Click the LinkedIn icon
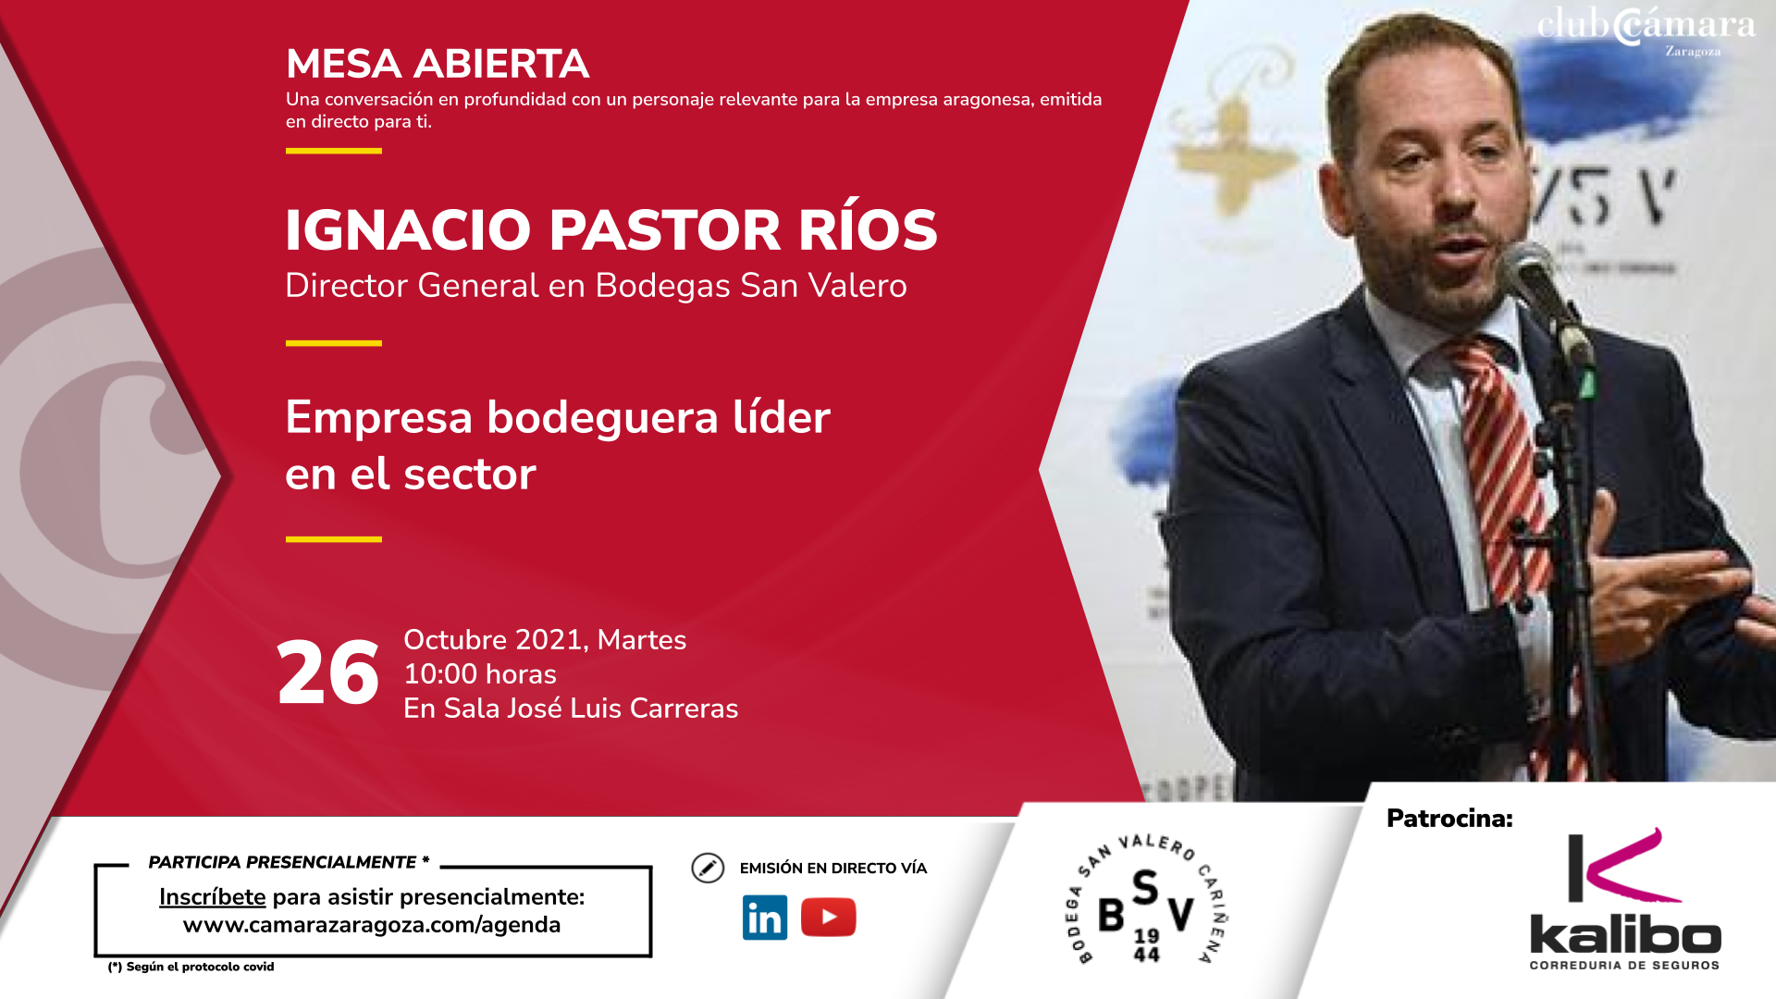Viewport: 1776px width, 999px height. point(765,918)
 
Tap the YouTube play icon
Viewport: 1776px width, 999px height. point(828,917)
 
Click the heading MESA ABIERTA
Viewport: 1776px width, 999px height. point(438,64)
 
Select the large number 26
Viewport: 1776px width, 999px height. point(328,673)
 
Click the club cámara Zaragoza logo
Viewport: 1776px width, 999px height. point(1646,31)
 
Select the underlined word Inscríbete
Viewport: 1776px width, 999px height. point(212,896)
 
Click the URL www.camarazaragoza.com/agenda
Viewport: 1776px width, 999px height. point(372,925)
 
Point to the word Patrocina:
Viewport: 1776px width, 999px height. point(1449,819)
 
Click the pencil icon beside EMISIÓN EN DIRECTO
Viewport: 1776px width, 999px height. point(708,868)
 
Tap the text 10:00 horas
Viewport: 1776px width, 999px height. point(480,673)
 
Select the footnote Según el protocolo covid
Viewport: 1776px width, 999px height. point(191,967)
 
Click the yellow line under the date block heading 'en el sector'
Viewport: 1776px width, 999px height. point(334,539)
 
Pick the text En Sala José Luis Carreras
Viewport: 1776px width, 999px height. point(571,709)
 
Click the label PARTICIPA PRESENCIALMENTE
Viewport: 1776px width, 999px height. point(282,862)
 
